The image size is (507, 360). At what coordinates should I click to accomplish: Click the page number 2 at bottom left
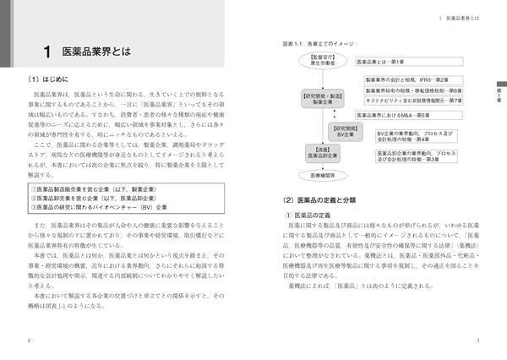(x=29, y=341)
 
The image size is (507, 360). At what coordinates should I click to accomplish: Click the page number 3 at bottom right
(x=477, y=341)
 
